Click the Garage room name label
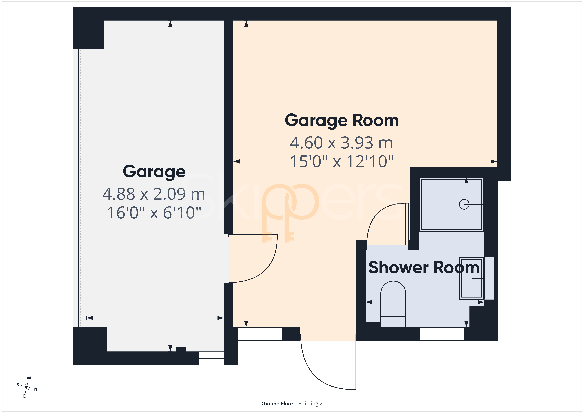[x=154, y=172]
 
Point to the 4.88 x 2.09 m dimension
[x=154, y=194]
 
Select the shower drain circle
[x=464, y=204]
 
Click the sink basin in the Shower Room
[x=472, y=278]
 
